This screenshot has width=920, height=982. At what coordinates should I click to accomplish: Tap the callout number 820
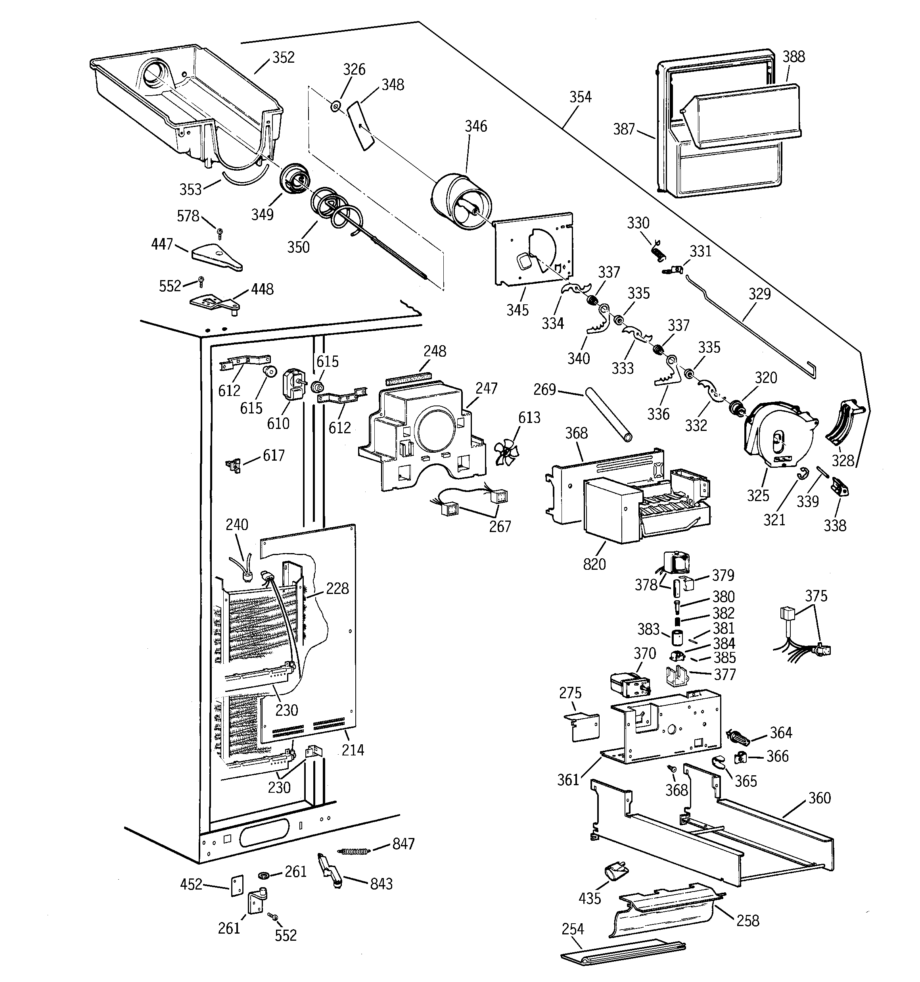point(594,564)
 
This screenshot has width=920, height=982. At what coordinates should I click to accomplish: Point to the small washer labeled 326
point(335,105)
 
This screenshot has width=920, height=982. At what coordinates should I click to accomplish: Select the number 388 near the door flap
point(793,57)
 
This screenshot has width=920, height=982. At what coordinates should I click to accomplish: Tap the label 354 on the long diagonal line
point(580,97)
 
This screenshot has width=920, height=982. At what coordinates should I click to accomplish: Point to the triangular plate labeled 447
point(216,257)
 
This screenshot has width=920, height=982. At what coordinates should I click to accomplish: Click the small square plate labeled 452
point(238,885)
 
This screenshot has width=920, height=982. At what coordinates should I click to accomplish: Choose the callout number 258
point(747,920)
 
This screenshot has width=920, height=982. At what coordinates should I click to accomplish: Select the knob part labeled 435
point(615,873)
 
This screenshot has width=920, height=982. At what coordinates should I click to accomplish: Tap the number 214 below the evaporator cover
point(353,750)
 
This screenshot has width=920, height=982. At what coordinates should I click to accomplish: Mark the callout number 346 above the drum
point(475,127)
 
